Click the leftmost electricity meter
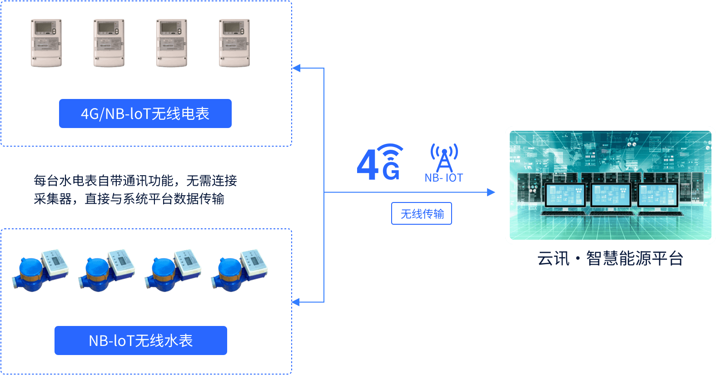46,43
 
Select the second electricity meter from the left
109,43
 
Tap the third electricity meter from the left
172,43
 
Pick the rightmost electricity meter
234,43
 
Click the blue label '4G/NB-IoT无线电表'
145,113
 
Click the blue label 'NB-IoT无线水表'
141,340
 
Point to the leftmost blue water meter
40,271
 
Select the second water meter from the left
106,271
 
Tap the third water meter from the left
173,271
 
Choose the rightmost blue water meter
239,271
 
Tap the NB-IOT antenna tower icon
444,159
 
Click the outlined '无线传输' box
422,213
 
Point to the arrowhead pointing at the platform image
491,192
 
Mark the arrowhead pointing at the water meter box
296,302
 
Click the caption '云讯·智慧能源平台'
610,258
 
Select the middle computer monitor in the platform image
611,197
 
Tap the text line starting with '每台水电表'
135,181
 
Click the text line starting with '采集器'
129,199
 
